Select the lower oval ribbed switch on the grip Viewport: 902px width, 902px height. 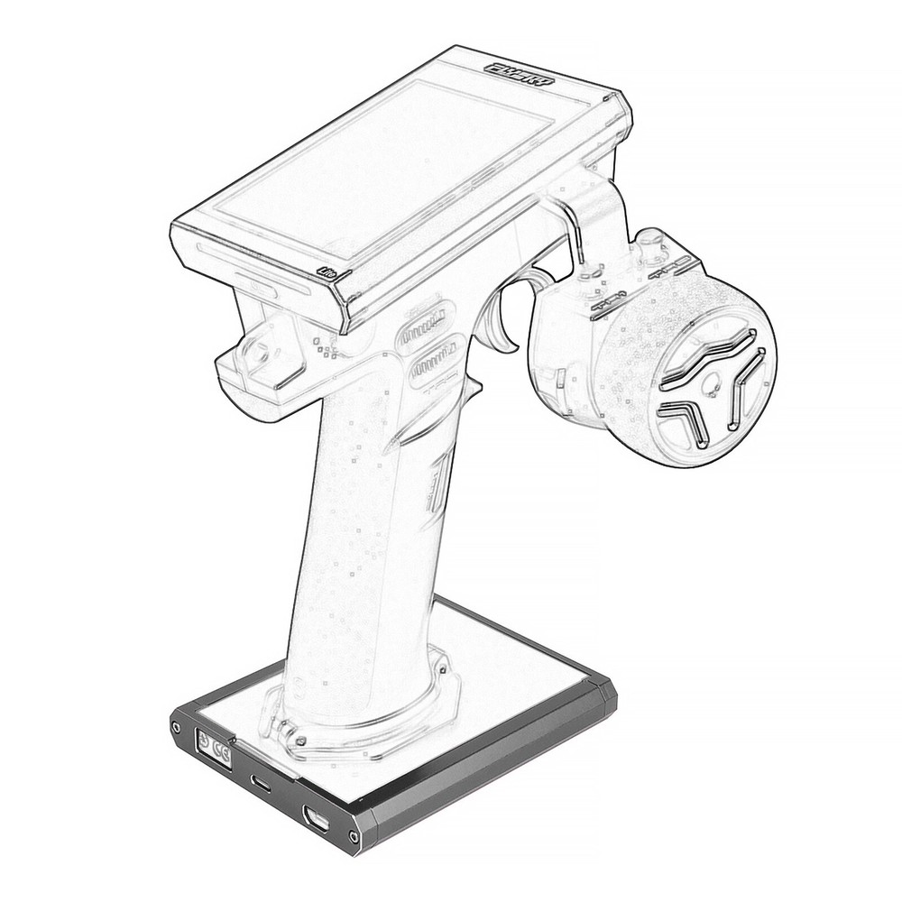[x=437, y=361]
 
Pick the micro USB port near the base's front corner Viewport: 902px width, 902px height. [x=316, y=818]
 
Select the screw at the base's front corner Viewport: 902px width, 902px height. [x=354, y=836]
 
